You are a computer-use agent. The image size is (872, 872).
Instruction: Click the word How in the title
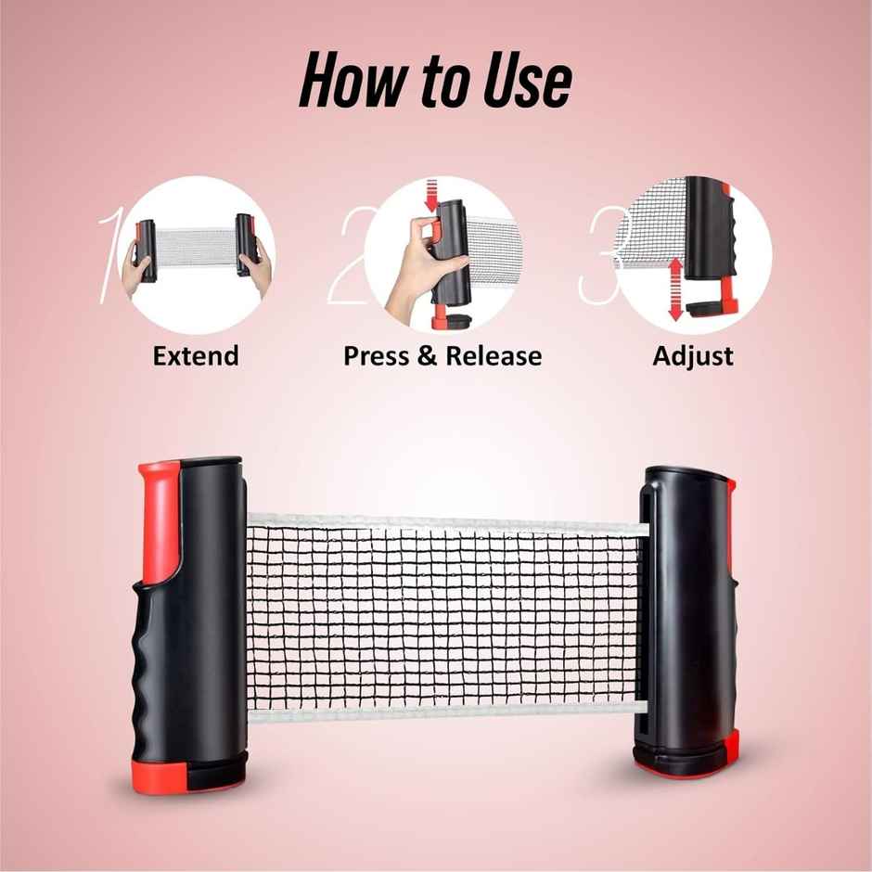[352, 80]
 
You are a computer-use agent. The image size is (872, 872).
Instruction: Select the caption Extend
[196, 356]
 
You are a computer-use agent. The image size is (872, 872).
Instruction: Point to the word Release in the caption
[494, 356]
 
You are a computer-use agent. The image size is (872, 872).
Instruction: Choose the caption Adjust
[693, 357]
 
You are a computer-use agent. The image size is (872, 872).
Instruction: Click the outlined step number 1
[109, 256]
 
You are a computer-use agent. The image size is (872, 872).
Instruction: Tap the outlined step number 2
[348, 255]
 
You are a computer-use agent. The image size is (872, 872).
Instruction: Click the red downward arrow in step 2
[431, 195]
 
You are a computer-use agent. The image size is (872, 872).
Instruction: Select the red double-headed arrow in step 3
[675, 289]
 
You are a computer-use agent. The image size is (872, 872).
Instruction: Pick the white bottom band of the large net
[448, 710]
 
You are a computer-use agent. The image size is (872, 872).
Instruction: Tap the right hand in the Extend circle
[259, 269]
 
